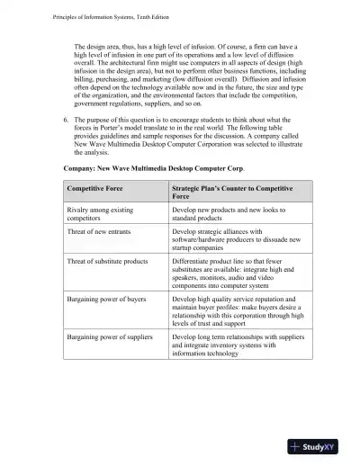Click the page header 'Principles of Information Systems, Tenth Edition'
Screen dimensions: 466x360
click(x=86, y=9)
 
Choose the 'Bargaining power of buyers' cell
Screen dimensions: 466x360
click(x=107, y=296)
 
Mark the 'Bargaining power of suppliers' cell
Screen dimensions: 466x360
click(x=110, y=336)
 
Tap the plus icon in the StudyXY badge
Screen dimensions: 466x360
click(x=298, y=447)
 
